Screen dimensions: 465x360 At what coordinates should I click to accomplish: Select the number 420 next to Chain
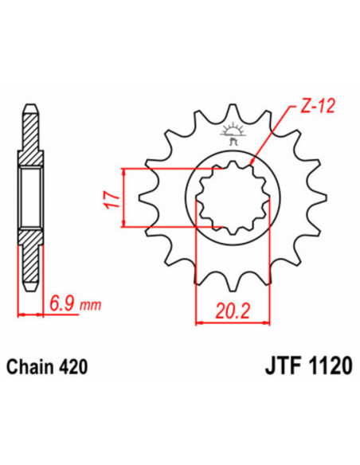click(75, 366)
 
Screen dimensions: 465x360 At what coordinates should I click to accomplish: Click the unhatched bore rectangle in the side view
click(29, 197)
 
